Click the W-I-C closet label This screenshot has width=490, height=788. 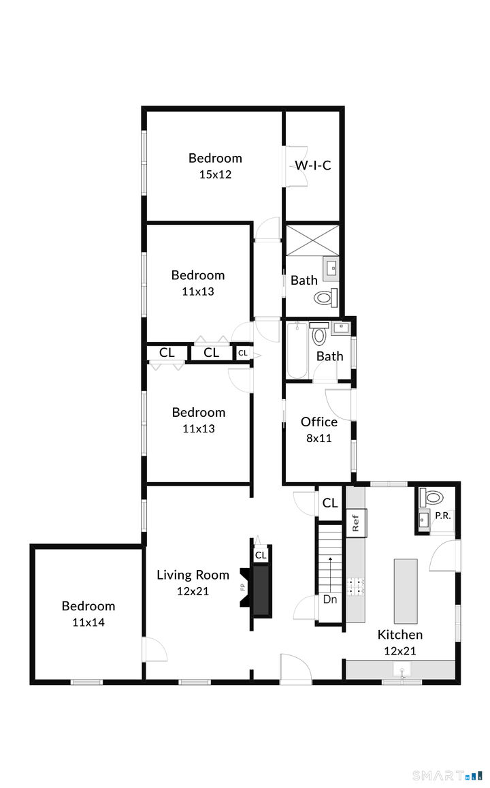point(312,165)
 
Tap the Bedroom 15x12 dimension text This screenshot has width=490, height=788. point(215,174)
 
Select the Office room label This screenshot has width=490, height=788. point(318,422)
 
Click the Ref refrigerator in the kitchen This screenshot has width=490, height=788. point(355,523)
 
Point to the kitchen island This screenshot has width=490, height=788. point(405,581)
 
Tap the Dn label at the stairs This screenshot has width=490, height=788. point(330,600)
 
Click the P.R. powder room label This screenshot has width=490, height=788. point(442,516)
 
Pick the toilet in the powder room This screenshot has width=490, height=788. point(431,496)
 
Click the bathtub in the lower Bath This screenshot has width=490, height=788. point(297,351)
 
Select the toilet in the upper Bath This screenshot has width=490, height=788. point(325,297)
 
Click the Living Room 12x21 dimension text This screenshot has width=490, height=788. point(193,591)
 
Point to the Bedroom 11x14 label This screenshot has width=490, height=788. point(88,606)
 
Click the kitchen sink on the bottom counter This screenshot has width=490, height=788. point(402,672)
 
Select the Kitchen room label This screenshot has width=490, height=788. point(400,635)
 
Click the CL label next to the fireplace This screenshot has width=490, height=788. point(261,555)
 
